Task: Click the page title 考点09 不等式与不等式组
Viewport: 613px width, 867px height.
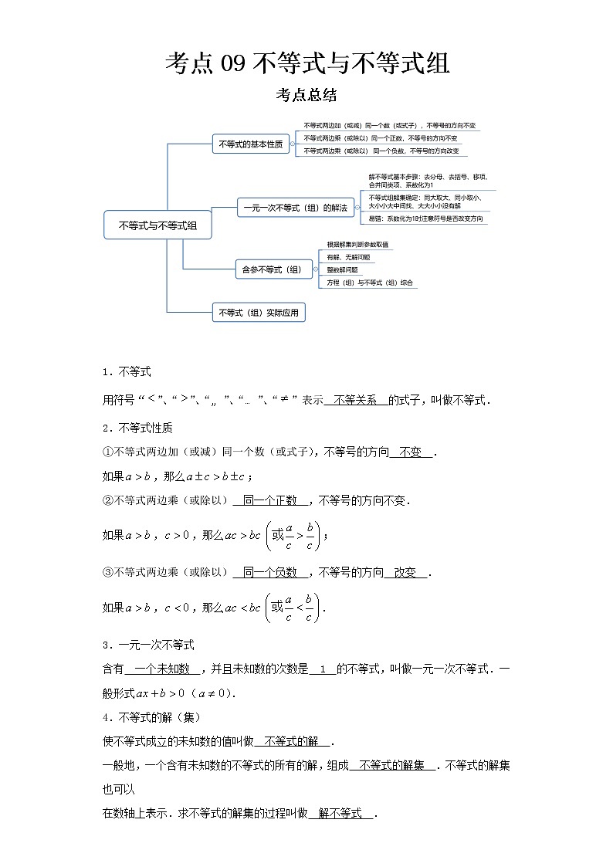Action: click(306, 63)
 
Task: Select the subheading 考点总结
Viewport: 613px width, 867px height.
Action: click(306, 96)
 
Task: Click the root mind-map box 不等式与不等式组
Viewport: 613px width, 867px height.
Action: click(157, 225)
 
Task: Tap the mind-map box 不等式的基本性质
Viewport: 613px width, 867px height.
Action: click(250, 144)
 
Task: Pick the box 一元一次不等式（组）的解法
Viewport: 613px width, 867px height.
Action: click(294, 207)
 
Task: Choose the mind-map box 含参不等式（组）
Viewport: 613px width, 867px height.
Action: click(273, 269)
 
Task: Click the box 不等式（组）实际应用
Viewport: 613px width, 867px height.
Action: click(259, 313)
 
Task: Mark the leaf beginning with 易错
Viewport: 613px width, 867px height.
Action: click(425, 218)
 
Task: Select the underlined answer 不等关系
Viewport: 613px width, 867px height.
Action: click(356, 400)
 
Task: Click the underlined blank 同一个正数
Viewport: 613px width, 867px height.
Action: click(270, 500)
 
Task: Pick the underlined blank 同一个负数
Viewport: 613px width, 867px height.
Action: click(270, 572)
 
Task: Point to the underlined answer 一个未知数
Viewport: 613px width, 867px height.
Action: click(162, 669)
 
